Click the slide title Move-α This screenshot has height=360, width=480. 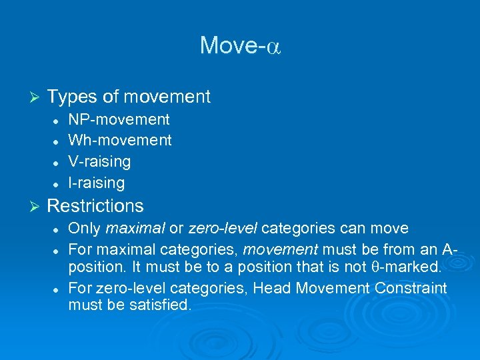(240, 45)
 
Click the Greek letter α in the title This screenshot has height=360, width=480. (275, 47)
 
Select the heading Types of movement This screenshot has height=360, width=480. (129, 97)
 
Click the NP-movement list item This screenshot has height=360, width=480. (119, 119)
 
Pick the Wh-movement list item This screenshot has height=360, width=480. (120, 140)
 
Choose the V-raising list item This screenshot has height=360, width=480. (99, 161)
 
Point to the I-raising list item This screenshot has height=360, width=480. (96, 182)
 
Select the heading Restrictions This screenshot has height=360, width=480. (95, 205)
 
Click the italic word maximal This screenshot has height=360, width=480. (135, 228)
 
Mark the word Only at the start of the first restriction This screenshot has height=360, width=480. (85, 228)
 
